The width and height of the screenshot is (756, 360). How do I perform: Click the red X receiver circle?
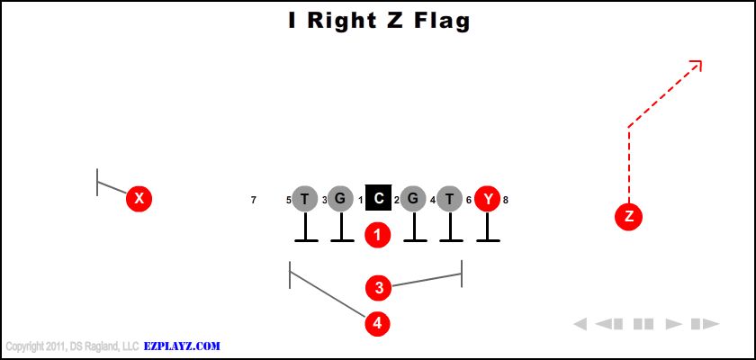point(139,198)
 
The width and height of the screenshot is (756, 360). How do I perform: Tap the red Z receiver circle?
point(629,217)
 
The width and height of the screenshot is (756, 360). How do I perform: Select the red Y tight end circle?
point(488,199)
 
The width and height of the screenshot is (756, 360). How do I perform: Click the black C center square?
point(379,198)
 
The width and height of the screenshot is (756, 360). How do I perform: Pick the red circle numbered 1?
point(377,235)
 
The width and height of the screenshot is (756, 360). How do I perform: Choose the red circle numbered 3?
point(379,288)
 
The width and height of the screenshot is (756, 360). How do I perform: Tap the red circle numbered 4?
point(377,323)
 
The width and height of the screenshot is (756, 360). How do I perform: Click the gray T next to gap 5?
point(305,199)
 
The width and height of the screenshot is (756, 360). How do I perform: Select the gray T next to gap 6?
point(449,199)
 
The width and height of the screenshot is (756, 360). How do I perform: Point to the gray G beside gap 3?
point(340,199)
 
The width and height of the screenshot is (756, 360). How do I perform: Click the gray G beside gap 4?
point(413,199)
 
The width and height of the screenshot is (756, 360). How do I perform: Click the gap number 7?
point(254,200)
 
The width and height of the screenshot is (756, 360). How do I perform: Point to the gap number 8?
point(505,200)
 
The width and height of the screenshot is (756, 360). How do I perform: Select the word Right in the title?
point(341,21)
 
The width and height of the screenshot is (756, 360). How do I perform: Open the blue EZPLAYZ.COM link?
point(182,346)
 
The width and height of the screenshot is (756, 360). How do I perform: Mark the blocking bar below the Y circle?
point(488,240)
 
